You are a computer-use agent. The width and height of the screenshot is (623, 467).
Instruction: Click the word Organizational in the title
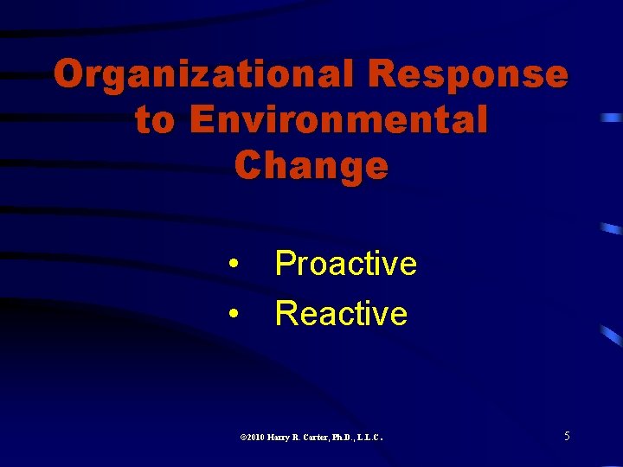tap(203, 75)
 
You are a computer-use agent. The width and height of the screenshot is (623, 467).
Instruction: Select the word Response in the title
tap(468, 75)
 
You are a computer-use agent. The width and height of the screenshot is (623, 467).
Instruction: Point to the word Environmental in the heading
tap(338, 120)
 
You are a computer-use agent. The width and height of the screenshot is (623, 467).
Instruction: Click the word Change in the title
tap(311, 165)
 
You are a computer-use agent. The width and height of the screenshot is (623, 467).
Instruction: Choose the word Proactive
tap(345, 264)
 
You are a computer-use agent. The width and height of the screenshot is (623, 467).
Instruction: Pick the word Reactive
tap(341, 313)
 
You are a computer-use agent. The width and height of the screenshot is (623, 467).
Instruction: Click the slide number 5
tap(567, 437)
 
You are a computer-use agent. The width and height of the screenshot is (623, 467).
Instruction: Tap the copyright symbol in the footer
tap(242, 438)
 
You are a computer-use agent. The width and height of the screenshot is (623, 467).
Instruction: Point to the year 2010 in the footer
tap(255, 438)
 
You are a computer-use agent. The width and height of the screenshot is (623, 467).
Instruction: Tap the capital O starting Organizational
tap(68, 75)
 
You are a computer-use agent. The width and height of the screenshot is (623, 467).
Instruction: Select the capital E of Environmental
tap(201, 120)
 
